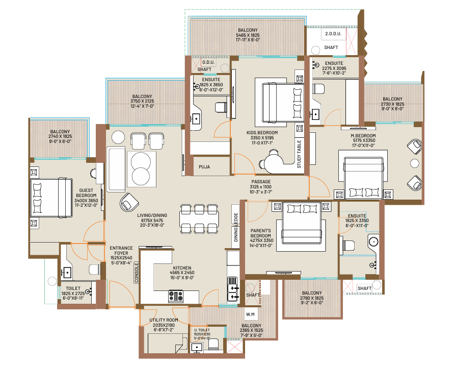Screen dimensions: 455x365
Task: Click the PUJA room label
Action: click(x=204, y=167)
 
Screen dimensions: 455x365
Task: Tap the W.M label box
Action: click(x=250, y=314)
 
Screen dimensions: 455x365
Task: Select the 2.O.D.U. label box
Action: click(x=333, y=34)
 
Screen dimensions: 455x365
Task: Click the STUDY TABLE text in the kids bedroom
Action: click(x=299, y=154)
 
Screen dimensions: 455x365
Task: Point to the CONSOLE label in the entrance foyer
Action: click(x=137, y=273)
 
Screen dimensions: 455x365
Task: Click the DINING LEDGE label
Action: click(x=235, y=227)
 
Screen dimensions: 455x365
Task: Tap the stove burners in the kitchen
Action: click(x=176, y=296)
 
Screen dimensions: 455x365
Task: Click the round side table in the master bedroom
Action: click(x=415, y=163)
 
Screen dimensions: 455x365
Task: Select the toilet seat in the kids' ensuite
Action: click(x=221, y=107)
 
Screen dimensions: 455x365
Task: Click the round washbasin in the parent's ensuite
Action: click(x=373, y=241)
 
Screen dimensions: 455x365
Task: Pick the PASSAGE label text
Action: click(x=261, y=182)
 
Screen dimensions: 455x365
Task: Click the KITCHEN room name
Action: click(x=182, y=268)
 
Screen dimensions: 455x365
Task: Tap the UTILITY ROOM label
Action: click(x=164, y=320)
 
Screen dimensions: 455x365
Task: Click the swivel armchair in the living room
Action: click(x=129, y=202)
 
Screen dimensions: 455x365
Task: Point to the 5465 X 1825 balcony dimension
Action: click(x=248, y=35)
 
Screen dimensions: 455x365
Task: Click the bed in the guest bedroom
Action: click(x=51, y=198)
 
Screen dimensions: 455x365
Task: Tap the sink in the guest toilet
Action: click(x=66, y=273)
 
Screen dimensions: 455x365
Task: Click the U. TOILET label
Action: click(x=202, y=330)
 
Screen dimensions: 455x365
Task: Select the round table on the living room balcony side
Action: click(x=118, y=137)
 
